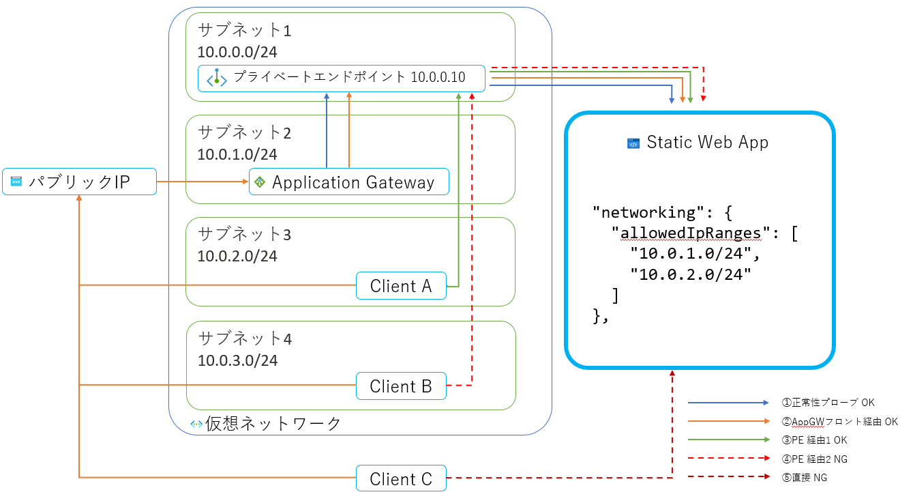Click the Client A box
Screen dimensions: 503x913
401,286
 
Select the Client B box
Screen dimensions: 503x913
401,386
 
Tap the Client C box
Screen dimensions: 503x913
401,479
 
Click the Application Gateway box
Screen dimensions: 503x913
349,182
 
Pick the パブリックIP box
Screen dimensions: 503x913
79,182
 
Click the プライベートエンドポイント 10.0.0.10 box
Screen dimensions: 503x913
341,78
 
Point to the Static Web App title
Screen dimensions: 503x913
707,143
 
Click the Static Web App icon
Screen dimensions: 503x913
633,143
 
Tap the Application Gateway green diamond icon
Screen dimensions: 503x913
259,182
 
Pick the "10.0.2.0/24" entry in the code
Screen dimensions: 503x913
690,274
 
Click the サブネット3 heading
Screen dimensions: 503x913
244,234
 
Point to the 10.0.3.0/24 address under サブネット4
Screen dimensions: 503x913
237,360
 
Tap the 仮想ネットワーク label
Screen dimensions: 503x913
273,424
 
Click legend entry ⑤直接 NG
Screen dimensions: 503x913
809,478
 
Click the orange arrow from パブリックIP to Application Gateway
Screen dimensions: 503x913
202,182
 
